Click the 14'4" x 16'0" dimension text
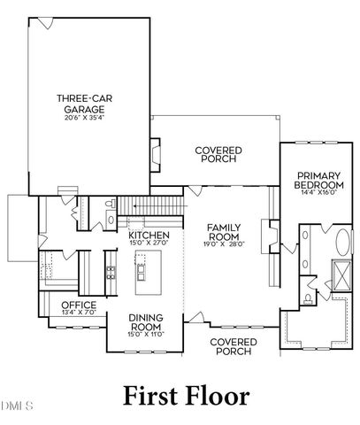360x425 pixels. (x=319, y=192)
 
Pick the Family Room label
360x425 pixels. (x=225, y=232)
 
